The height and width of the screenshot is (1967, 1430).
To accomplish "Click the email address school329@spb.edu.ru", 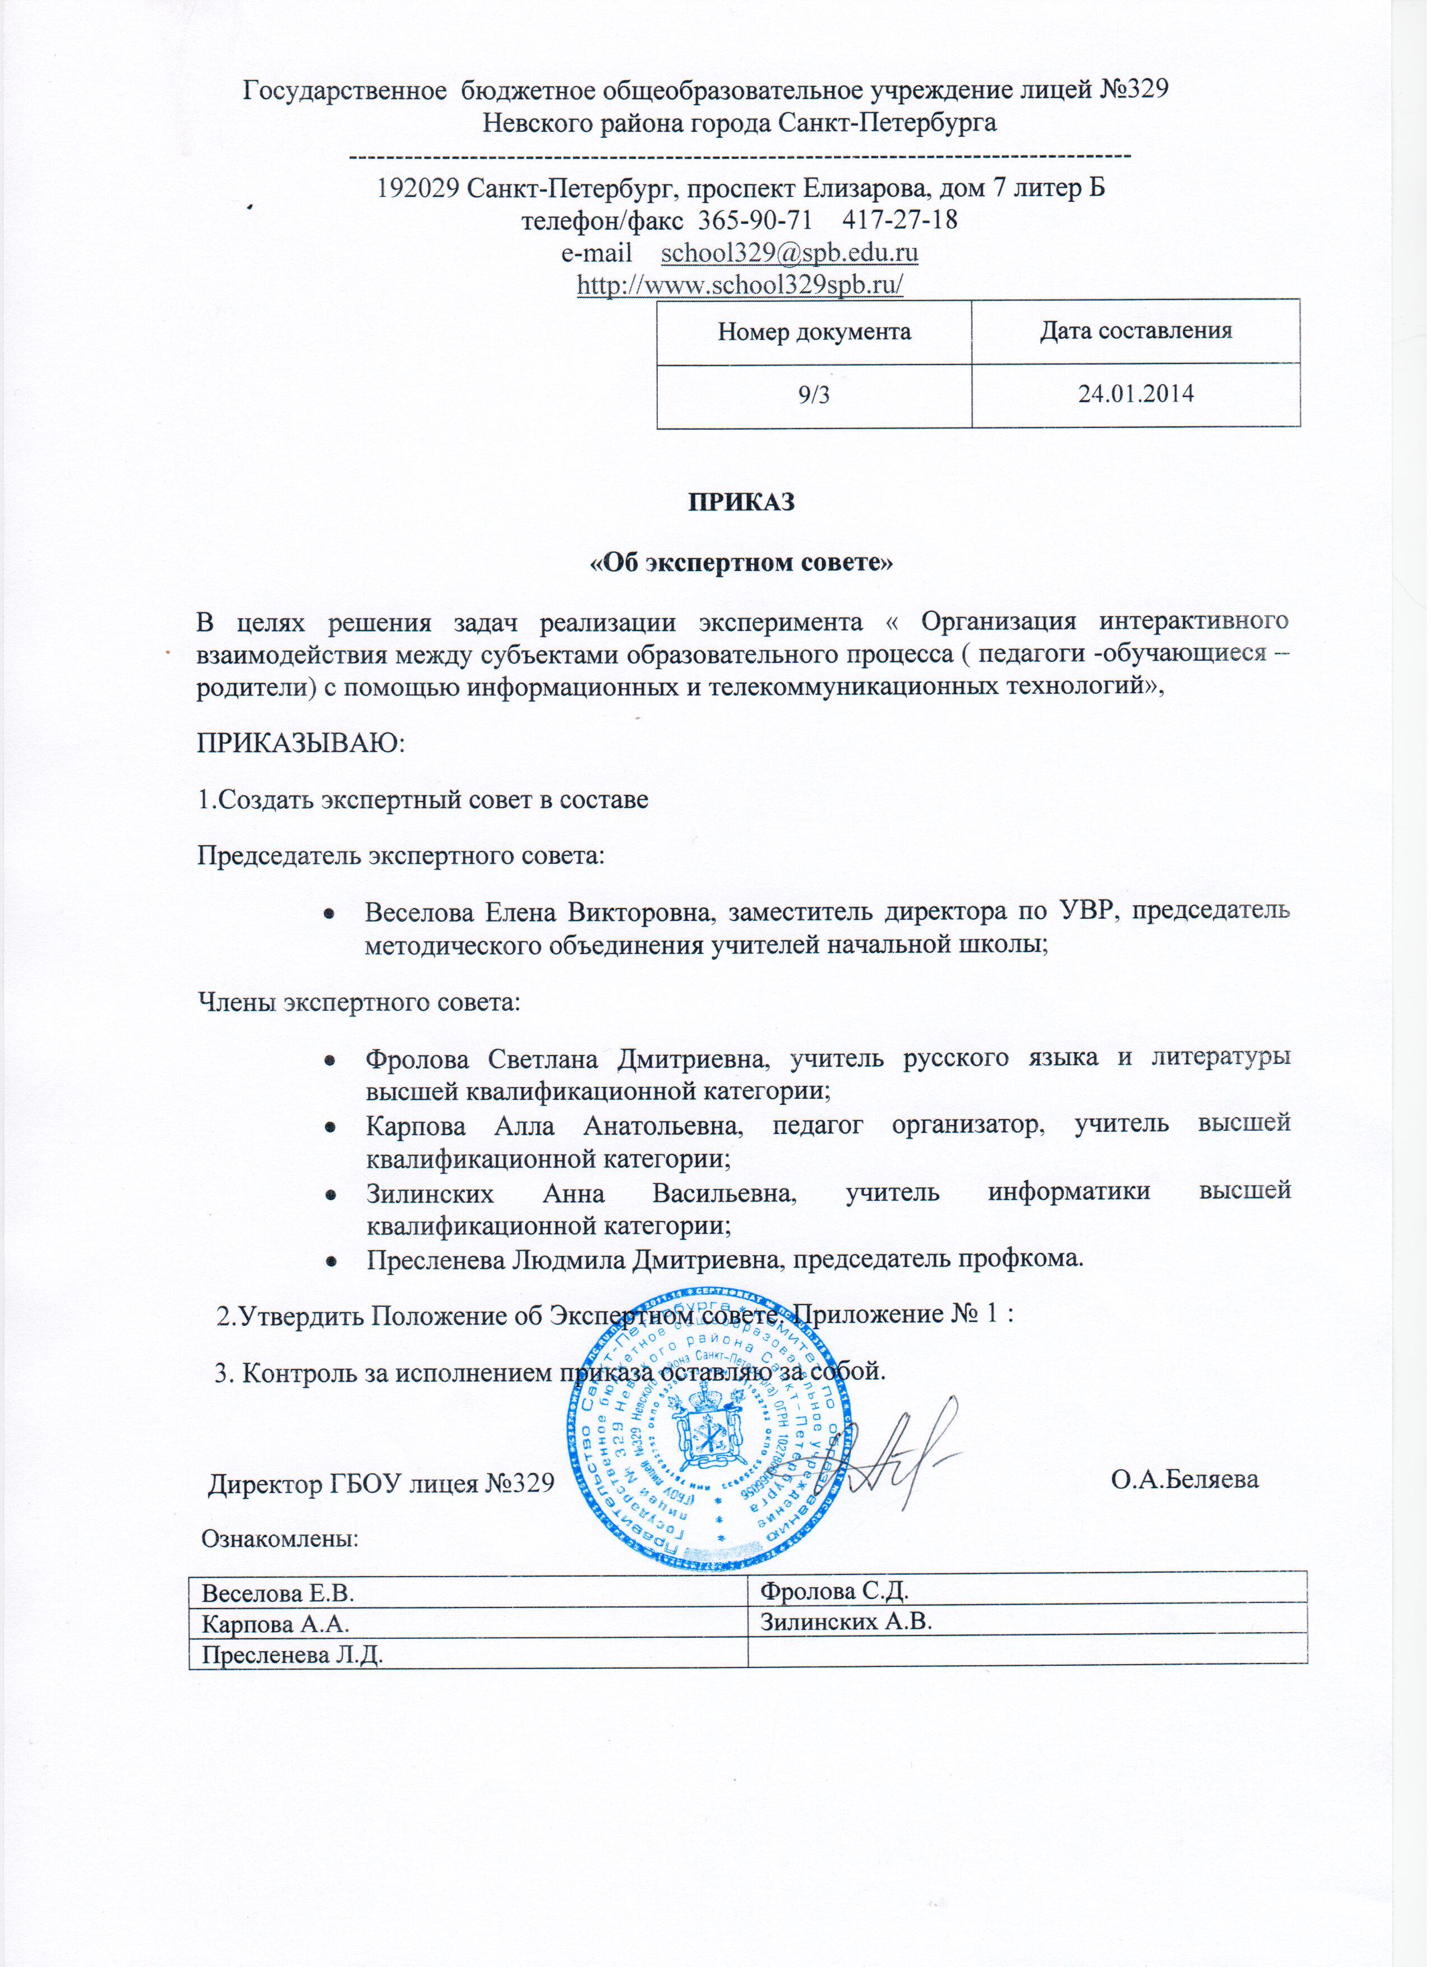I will point(789,254).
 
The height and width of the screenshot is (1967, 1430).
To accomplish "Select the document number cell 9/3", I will point(814,395).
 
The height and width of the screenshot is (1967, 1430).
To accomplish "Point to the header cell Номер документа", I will point(814,331).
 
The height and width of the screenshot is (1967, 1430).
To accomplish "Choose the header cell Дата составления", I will point(1136,331).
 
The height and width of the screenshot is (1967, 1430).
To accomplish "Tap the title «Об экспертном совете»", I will point(741,563).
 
